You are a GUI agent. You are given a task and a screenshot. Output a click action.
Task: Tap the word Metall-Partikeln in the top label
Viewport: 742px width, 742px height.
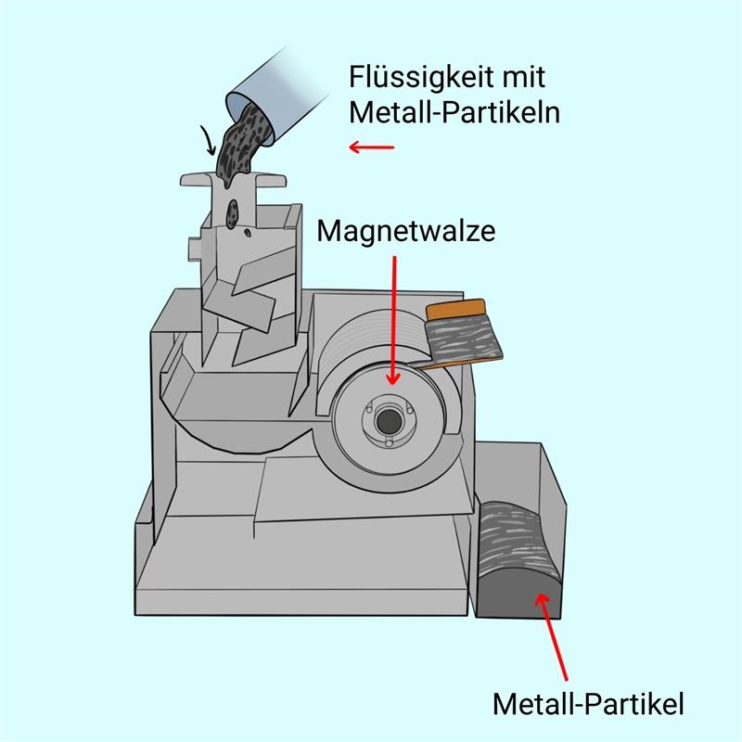click(454, 112)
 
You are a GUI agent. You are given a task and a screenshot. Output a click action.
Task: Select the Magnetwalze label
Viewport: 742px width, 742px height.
click(406, 231)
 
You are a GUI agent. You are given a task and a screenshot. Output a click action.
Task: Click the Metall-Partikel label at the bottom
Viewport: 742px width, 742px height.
click(588, 704)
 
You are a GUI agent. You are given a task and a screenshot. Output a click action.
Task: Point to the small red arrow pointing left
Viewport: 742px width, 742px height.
click(372, 147)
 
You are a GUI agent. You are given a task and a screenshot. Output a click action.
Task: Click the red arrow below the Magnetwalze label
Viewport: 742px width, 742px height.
click(393, 320)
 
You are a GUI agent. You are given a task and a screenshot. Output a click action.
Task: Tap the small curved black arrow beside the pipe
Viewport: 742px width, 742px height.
click(208, 140)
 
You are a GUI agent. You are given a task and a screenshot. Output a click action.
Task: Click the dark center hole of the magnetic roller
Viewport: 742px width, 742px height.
click(389, 421)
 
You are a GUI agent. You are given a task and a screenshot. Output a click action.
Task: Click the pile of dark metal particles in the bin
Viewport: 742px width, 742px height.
click(519, 558)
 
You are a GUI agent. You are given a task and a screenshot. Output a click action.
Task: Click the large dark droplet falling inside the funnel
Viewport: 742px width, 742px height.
click(232, 214)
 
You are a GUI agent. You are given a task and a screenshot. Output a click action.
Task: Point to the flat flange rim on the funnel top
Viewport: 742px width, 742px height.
click(234, 180)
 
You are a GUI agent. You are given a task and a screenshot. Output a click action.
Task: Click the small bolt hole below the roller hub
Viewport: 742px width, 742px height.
click(389, 443)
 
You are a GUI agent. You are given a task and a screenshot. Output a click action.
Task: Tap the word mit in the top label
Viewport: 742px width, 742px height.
click(524, 77)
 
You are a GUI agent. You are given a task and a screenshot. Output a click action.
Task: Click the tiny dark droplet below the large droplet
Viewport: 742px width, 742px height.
click(248, 233)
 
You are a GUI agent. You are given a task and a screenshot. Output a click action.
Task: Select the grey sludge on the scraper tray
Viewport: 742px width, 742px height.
click(462, 339)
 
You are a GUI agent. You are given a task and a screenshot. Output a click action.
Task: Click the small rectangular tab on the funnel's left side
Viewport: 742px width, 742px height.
click(196, 249)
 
